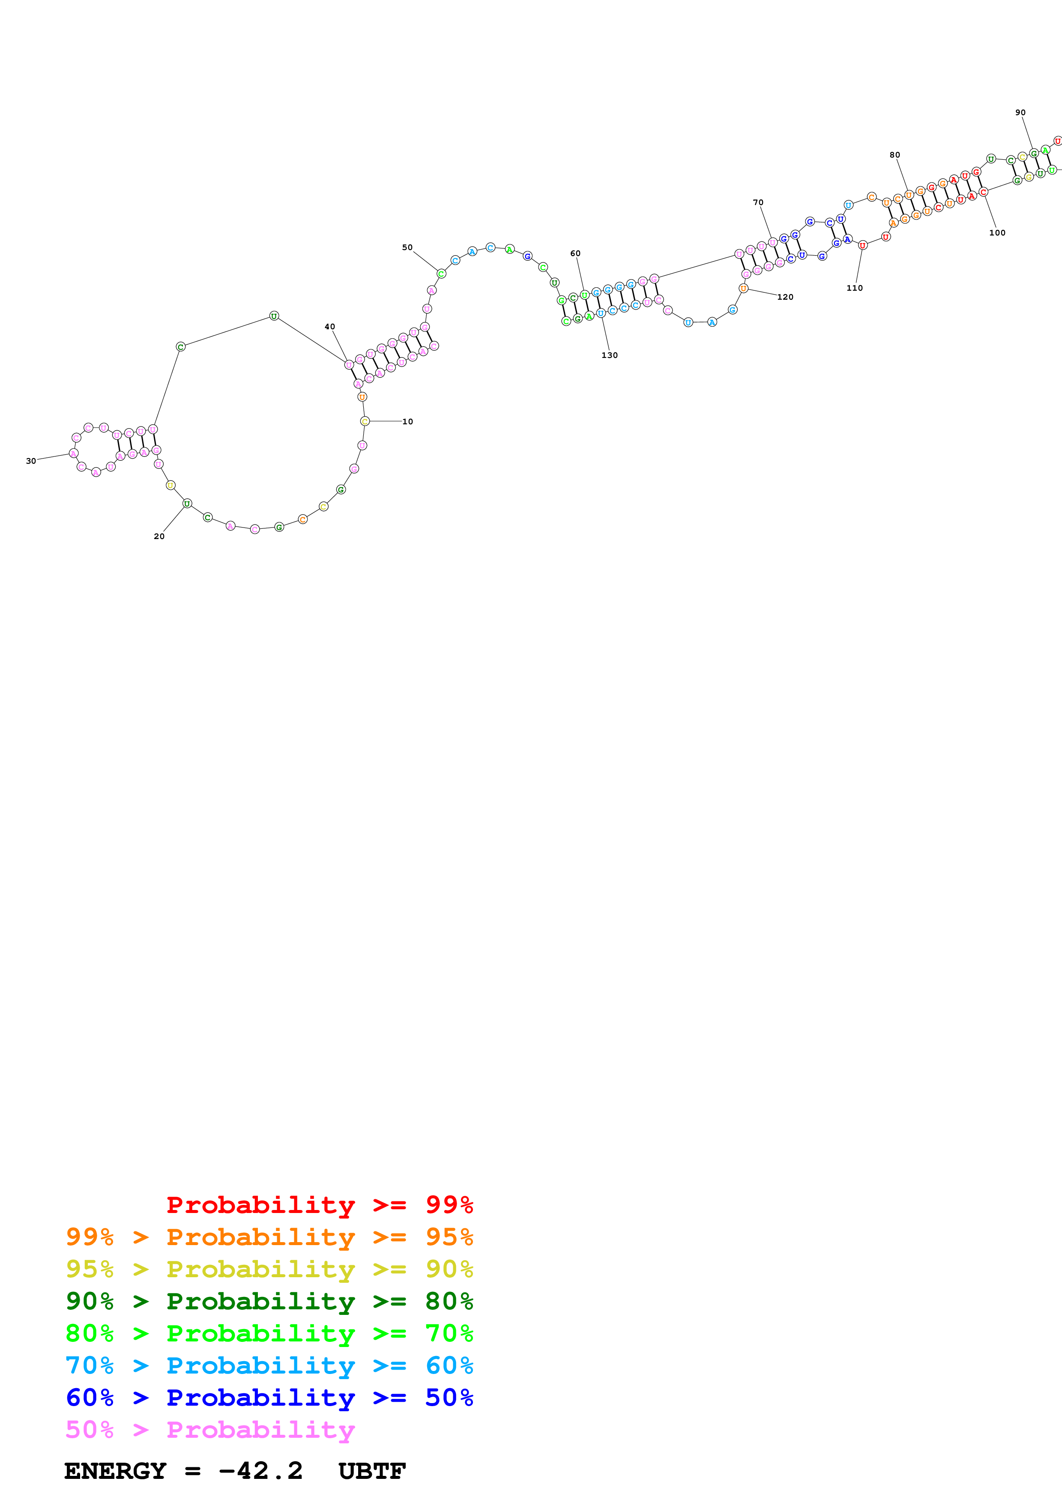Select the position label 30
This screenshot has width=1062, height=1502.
[x=31, y=461]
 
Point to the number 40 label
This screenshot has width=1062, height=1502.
[x=330, y=326]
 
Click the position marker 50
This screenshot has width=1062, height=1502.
[x=407, y=247]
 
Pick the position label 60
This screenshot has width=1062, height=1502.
[x=575, y=253]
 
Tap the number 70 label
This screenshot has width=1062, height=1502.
[x=758, y=202]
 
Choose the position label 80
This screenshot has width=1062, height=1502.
[x=894, y=155]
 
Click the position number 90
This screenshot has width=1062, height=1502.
[x=1020, y=113]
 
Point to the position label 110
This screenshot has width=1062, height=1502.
[x=855, y=288]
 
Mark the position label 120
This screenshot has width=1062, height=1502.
[x=785, y=297]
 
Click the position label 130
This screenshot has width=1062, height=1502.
[x=609, y=355]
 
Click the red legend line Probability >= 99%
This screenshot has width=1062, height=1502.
[x=319, y=1205]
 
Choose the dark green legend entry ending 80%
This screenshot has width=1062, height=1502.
[x=269, y=1301]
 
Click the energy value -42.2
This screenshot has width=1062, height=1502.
[x=260, y=1471]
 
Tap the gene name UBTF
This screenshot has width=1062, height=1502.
[x=372, y=1471]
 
